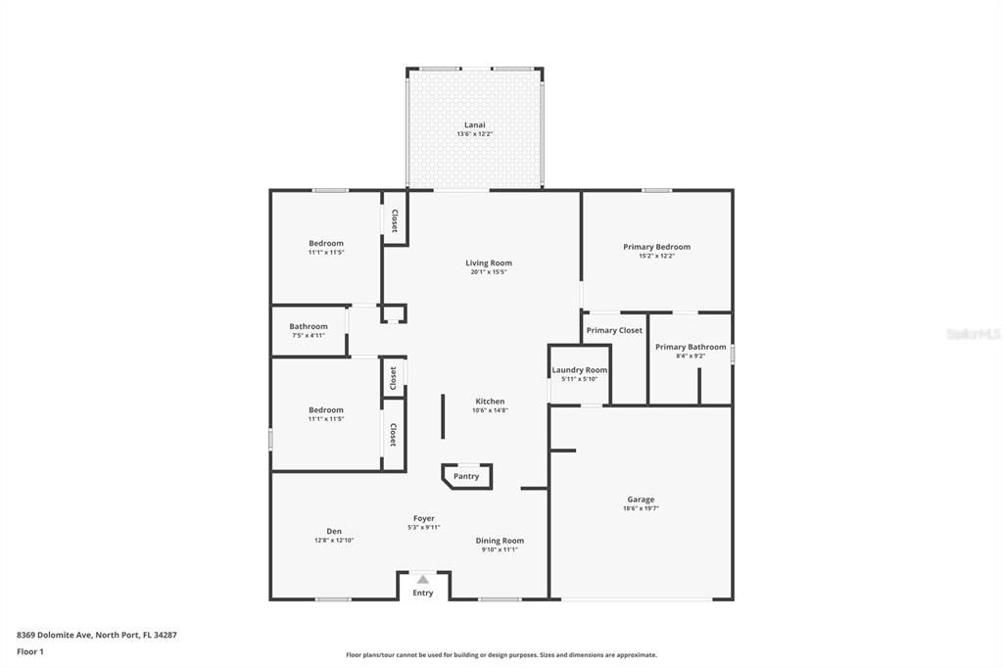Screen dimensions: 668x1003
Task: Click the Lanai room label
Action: pyautogui.click(x=474, y=124)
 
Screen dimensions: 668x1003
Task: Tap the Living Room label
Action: pyautogui.click(x=488, y=262)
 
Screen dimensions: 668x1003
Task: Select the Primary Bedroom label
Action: pyautogui.click(x=656, y=247)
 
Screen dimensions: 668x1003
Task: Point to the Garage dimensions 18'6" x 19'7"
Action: pyautogui.click(x=641, y=508)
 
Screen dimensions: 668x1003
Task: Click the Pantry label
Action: pyautogui.click(x=466, y=476)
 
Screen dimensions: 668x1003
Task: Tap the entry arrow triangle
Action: pyautogui.click(x=423, y=579)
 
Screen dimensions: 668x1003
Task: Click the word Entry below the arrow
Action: pyautogui.click(x=423, y=593)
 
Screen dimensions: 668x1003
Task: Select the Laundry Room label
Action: pyautogui.click(x=579, y=370)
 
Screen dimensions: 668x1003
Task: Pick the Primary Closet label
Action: pyautogui.click(x=614, y=330)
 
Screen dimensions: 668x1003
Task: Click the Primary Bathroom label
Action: pyautogui.click(x=691, y=347)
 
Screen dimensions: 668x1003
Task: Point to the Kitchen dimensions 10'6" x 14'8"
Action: pyautogui.click(x=490, y=410)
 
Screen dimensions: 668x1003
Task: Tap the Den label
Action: pyautogui.click(x=334, y=531)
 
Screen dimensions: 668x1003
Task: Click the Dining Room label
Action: pyautogui.click(x=500, y=541)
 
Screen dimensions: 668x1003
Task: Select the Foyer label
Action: pyautogui.click(x=423, y=518)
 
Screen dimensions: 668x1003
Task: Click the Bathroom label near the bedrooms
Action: pyautogui.click(x=308, y=326)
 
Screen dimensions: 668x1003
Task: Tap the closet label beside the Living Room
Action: pyautogui.click(x=395, y=219)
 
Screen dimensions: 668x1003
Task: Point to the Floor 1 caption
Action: pyautogui.click(x=31, y=651)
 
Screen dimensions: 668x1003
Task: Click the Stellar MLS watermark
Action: pyautogui.click(x=973, y=334)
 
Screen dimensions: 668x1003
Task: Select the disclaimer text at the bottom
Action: pyautogui.click(x=501, y=655)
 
